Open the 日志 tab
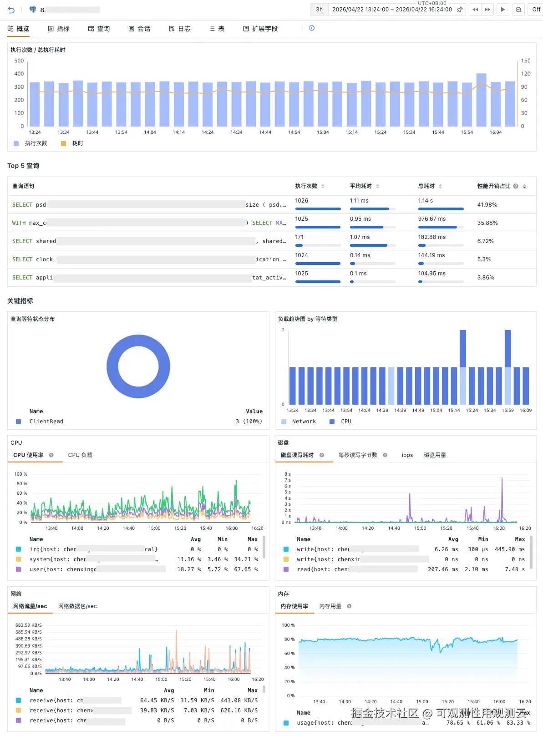pos(180,29)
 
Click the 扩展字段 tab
pos(260,29)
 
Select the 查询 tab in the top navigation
pos(99,29)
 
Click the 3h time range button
pos(320,10)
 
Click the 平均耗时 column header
pos(361,186)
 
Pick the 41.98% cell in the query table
pos(487,205)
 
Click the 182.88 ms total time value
pos(431,237)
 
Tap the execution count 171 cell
pos(299,237)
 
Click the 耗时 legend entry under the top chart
pos(77,143)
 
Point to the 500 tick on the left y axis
pos(19,61)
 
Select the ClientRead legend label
pos(46,421)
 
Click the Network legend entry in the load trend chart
pos(304,421)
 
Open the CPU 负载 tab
pos(80,455)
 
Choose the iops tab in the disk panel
pos(407,455)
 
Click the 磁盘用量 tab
pos(435,455)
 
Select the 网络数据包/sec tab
pos(77,606)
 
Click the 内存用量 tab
pos(330,606)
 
